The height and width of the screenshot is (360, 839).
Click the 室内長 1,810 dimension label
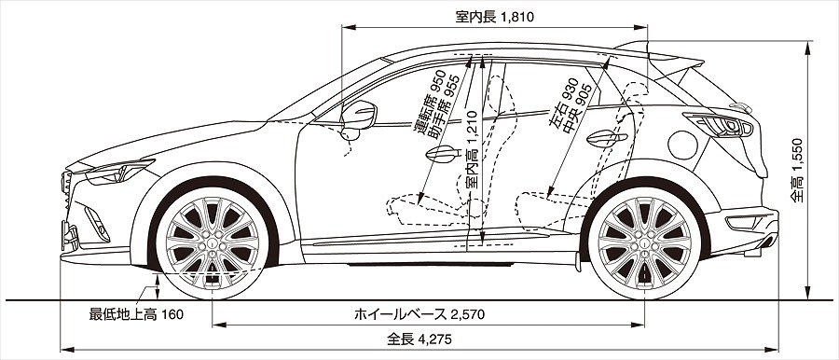494,17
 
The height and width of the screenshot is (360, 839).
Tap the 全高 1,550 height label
798,171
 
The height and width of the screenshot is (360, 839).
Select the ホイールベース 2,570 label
419,314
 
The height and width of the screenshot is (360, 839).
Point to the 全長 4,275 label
419,339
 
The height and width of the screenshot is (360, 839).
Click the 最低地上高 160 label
136,314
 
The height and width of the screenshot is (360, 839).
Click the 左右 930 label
563,105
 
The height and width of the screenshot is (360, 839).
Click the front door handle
443,154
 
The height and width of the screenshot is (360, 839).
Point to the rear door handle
607,138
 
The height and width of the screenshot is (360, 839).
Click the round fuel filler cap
682,145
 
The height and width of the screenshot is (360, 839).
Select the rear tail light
719,125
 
